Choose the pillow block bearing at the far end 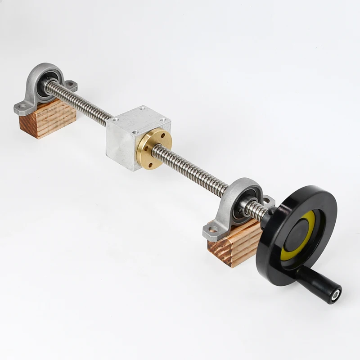[x=45, y=88]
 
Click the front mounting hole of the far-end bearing [x=21, y=108]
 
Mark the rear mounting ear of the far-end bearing [x=72, y=85]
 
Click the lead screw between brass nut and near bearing [x=198, y=169]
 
